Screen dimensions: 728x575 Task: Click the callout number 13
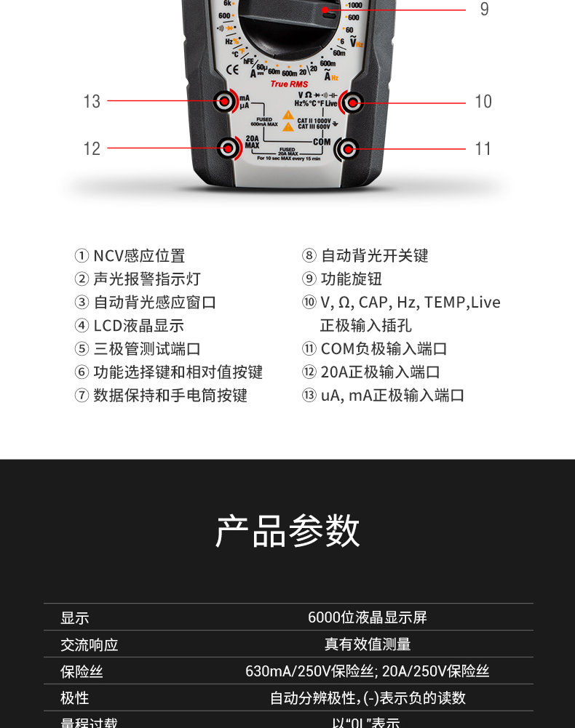[92, 102]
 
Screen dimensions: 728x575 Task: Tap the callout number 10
[483, 102]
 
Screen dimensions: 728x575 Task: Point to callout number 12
[92, 149]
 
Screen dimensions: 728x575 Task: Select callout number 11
[483, 149]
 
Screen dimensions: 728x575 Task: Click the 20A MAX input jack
[229, 148]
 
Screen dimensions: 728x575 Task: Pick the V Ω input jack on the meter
[352, 103]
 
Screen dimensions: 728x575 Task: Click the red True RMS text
[289, 84]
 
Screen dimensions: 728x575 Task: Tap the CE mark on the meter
[234, 69]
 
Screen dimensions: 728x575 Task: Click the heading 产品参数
[287, 530]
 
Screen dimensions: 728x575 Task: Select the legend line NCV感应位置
[139, 256]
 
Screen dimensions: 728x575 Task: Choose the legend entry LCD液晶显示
[138, 326]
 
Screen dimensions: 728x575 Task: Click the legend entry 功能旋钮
[351, 279]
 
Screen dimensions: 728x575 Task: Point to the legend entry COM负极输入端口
[384, 349]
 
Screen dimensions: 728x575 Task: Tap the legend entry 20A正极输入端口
[380, 372]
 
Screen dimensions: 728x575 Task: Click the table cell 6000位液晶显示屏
[368, 617]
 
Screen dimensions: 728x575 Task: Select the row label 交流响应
[89, 644]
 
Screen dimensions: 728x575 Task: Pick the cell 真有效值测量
[368, 644]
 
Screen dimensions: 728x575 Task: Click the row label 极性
[74, 698]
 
